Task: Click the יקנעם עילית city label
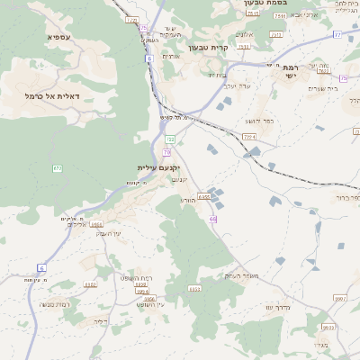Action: pyautogui.click(x=159, y=168)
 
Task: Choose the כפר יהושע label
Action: pyautogui.click(x=260, y=120)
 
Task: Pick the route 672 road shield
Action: pyautogui.click(x=58, y=168)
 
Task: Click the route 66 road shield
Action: pyautogui.click(x=213, y=219)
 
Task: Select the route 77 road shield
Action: pyautogui.click(x=337, y=34)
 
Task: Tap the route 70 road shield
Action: pyautogui.click(x=167, y=152)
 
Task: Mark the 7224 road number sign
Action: pyautogui.click(x=248, y=136)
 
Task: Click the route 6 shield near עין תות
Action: pyautogui.click(x=40, y=267)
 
